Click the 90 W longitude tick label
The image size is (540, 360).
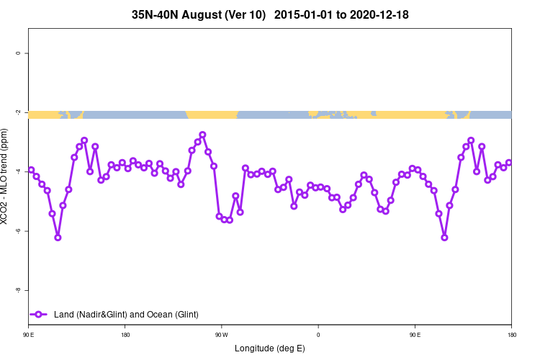[x=221, y=335]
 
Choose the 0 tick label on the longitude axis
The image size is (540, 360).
[x=318, y=335]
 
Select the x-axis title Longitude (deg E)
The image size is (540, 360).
[x=270, y=348]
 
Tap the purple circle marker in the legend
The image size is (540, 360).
[x=39, y=314]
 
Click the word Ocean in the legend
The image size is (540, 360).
[x=150, y=315]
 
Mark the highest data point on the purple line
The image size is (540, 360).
[x=202, y=135]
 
